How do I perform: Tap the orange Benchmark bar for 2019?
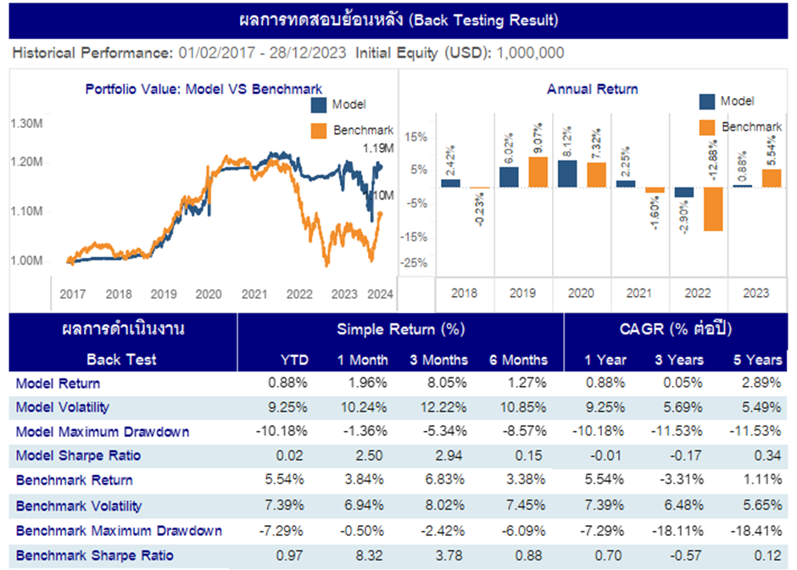pyautogui.click(x=538, y=172)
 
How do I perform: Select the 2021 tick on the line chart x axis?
pyautogui.click(x=254, y=294)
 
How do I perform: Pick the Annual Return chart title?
pyautogui.click(x=593, y=88)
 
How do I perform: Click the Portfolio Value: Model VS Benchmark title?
pyautogui.click(x=203, y=88)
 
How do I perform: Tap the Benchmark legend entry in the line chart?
pyautogui.click(x=361, y=130)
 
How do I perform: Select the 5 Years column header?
pyautogui.click(x=757, y=360)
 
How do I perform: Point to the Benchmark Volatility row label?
pyautogui.click(x=79, y=506)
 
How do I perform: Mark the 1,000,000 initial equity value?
pyautogui.click(x=530, y=53)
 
